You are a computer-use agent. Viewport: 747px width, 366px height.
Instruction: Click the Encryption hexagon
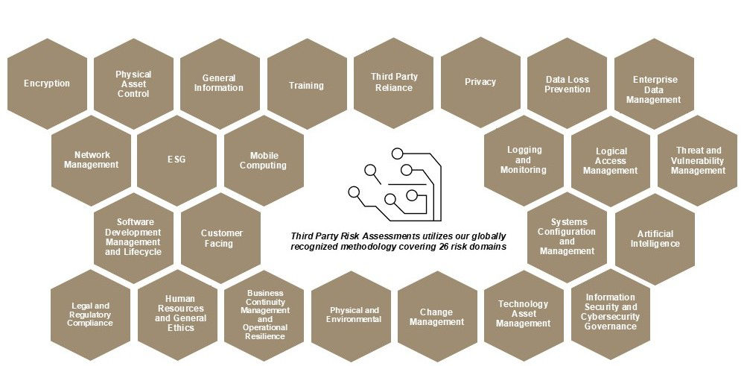click(x=47, y=83)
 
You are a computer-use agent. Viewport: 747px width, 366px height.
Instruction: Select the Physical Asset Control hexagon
click(x=134, y=83)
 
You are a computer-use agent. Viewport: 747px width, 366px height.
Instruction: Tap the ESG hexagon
click(x=177, y=160)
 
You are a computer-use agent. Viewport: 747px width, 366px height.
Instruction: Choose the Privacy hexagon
click(x=480, y=83)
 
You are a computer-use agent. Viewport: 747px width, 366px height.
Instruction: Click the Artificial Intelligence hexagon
click(x=655, y=239)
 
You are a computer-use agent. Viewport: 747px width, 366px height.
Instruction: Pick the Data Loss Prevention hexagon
click(x=568, y=83)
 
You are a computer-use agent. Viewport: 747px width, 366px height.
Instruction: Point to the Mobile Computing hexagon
click(x=264, y=160)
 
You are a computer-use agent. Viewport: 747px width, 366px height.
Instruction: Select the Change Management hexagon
click(x=437, y=317)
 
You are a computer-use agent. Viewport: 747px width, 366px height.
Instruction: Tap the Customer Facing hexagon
click(x=220, y=238)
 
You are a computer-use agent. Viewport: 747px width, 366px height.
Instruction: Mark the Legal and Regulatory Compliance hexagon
click(x=91, y=315)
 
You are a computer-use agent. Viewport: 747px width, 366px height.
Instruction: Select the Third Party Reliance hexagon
click(x=394, y=83)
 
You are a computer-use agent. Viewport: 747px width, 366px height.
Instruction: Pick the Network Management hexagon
click(x=91, y=160)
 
